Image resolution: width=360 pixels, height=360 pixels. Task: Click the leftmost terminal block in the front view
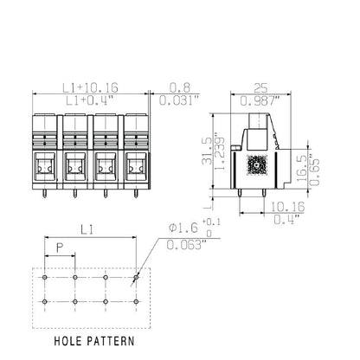coord(45,152)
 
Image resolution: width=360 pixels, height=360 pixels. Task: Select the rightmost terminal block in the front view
coord(137,152)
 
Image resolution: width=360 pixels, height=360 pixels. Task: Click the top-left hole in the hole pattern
coord(46,279)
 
